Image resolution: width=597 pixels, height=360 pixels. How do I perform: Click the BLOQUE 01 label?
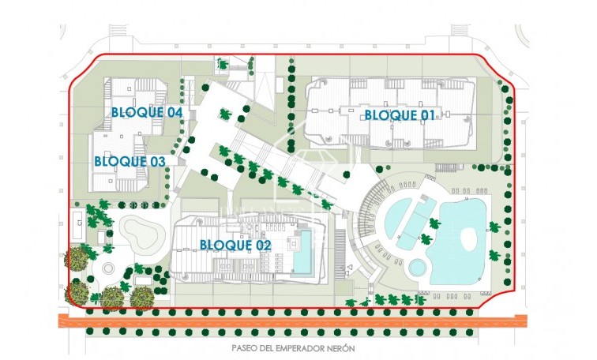click(400, 115)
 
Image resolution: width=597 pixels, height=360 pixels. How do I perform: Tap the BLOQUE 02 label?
click(235, 245)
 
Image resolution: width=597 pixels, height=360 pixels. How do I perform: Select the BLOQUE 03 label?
click(130, 161)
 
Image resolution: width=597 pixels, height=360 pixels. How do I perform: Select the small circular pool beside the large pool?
click(415, 268)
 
